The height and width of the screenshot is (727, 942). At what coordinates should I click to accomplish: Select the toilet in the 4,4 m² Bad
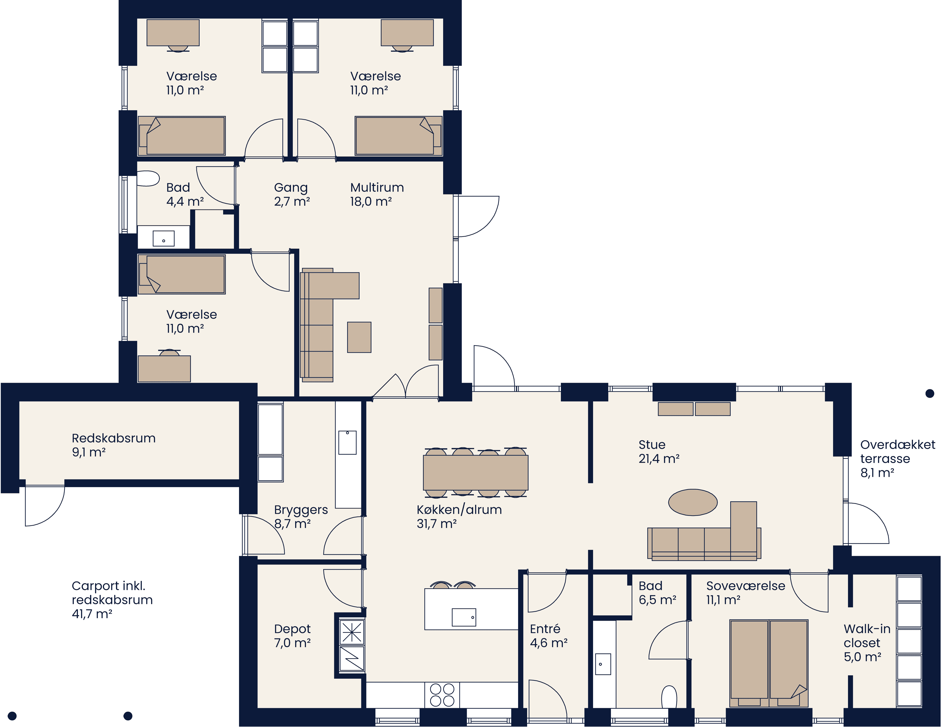(x=148, y=178)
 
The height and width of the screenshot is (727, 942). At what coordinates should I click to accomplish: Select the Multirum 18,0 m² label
(x=377, y=194)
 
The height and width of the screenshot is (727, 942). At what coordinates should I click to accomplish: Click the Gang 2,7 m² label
(x=292, y=194)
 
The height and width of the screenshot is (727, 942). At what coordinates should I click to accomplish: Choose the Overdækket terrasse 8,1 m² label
(x=897, y=458)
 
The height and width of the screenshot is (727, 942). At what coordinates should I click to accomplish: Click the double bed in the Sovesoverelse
(x=769, y=663)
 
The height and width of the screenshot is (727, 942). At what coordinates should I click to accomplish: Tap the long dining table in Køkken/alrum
(x=475, y=472)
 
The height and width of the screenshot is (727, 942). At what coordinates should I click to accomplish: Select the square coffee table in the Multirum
(x=359, y=337)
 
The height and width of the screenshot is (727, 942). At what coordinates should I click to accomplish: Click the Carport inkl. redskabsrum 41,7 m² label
(x=112, y=600)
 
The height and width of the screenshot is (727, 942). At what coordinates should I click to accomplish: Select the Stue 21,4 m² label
(x=659, y=452)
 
